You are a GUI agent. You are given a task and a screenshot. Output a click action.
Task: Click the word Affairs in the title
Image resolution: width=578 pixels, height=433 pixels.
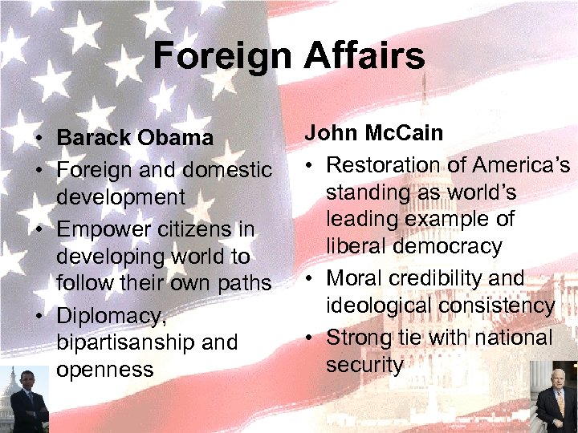click(364, 56)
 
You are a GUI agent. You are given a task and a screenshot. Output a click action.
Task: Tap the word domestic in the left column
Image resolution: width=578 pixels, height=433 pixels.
click(227, 170)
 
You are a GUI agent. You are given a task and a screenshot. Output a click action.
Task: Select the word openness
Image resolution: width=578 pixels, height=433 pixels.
click(104, 370)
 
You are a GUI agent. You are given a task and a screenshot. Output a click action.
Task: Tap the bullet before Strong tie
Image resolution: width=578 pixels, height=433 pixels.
click(308, 338)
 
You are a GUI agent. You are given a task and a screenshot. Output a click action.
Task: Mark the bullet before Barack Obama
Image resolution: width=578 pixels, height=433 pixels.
click(39, 139)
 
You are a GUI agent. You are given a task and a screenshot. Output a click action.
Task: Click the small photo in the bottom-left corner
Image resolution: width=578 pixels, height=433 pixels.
click(23, 399)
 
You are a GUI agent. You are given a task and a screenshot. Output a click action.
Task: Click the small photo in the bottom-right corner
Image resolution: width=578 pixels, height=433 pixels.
click(556, 401)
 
